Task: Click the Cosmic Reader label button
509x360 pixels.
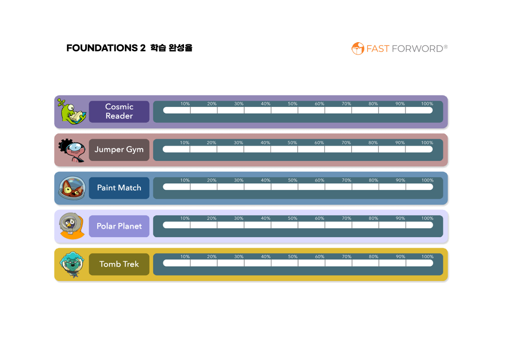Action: tap(119, 111)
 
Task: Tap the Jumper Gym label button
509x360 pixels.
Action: tap(119, 150)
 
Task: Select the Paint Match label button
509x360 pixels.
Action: tap(119, 188)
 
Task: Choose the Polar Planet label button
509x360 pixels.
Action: tap(119, 226)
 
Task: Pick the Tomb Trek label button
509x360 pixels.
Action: tap(119, 264)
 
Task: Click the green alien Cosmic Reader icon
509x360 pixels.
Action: tap(71, 111)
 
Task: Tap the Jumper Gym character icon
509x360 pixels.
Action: tap(71, 150)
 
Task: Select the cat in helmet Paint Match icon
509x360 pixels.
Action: tap(72, 188)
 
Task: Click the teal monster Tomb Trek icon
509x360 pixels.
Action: tap(72, 265)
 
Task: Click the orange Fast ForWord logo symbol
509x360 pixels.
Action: tap(357, 49)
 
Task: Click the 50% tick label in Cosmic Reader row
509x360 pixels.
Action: tap(292, 104)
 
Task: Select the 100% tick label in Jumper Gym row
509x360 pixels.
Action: tap(427, 143)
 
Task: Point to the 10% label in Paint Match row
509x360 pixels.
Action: tap(185, 180)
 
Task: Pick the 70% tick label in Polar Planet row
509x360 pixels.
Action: tap(347, 218)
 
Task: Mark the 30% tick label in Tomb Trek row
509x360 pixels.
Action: tap(238, 257)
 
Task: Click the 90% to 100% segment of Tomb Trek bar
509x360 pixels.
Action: tap(419, 263)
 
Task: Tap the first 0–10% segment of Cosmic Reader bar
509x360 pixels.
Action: tap(177, 110)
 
